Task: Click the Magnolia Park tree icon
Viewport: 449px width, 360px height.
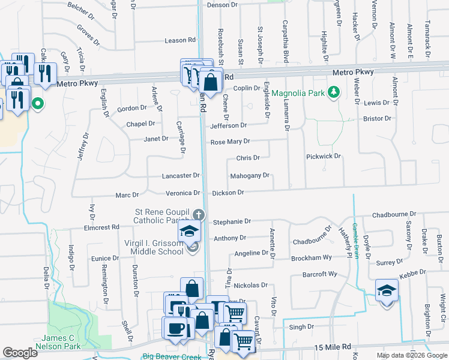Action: pos(334,93)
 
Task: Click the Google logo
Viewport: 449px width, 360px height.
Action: pos(20,353)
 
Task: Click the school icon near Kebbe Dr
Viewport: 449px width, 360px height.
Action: pos(387,290)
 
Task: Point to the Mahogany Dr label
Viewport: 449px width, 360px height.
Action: pos(250,176)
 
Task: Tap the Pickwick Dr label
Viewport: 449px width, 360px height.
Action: pos(324,156)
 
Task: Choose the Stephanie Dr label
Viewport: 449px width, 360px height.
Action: pos(231,221)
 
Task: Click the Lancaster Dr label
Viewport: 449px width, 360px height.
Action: pos(181,176)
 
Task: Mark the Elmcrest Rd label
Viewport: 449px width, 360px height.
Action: pos(102,227)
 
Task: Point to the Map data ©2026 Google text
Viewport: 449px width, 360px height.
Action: pos(412,355)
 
